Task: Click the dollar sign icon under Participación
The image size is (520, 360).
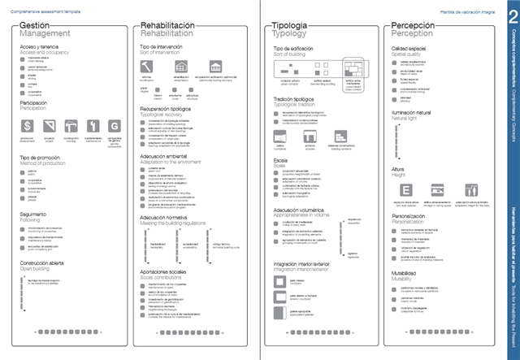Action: tap(27, 126)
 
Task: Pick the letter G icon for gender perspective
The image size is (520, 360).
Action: tap(114, 126)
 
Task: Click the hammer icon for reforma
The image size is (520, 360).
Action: tap(147, 66)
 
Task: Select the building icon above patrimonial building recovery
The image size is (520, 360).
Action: tap(215, 66)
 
